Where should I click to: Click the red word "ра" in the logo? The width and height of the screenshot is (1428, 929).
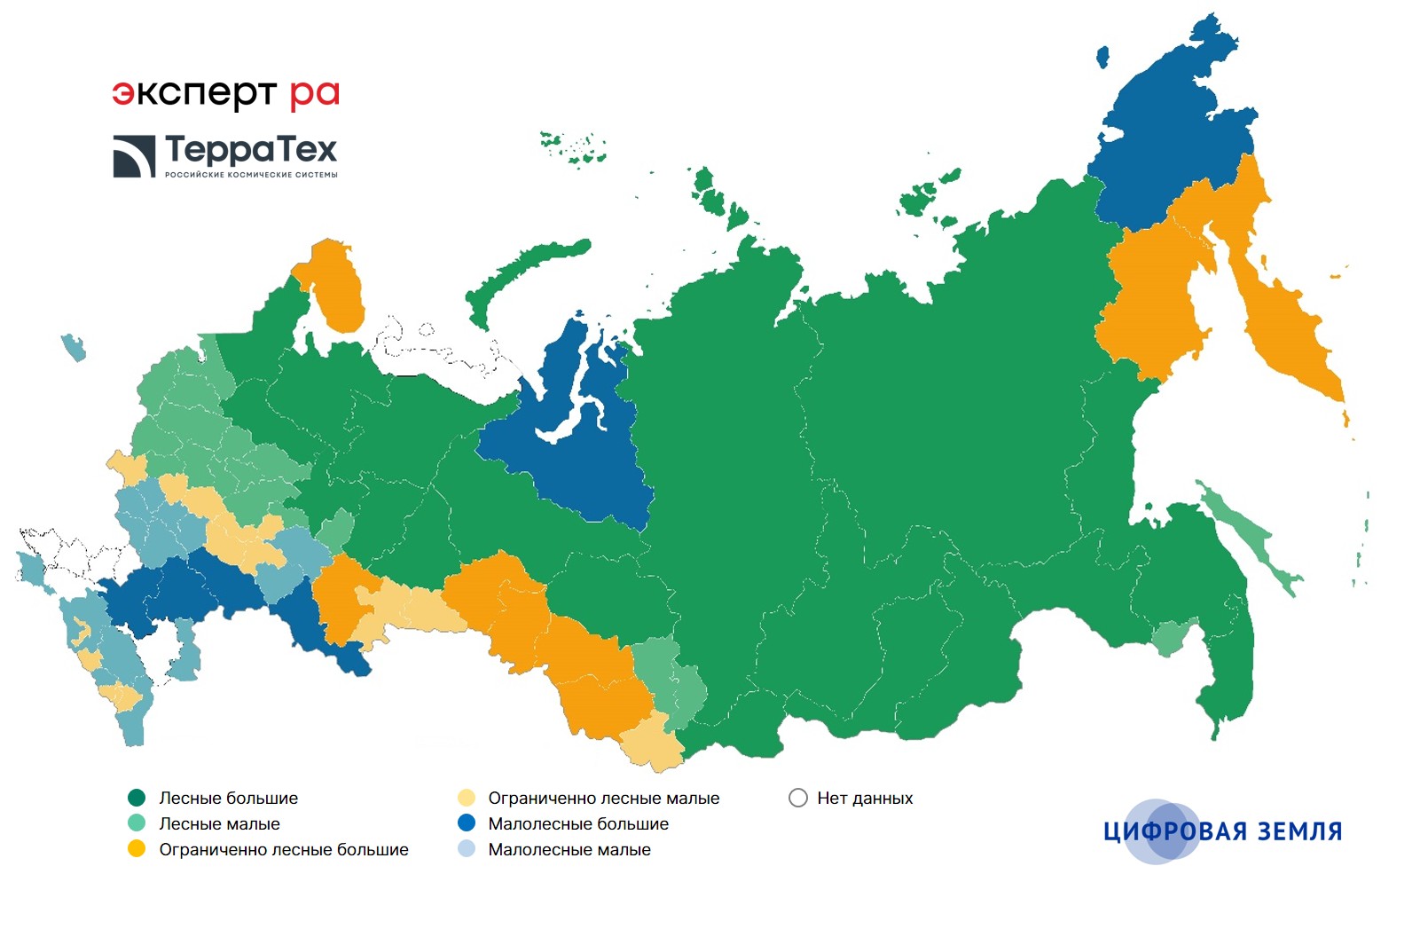[x=314, y=94]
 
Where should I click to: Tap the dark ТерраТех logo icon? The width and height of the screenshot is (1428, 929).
[x=134, y=156]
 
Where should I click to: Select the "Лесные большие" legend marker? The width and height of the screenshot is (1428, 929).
[x=137, y=798]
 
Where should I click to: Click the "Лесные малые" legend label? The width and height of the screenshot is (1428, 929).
[x=219, y=823]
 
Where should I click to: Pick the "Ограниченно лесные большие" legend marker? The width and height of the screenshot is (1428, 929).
[x=137, y=849]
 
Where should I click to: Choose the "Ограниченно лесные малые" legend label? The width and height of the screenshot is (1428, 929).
[x=603, y=798]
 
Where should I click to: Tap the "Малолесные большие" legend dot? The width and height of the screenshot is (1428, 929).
[x=467, y=823]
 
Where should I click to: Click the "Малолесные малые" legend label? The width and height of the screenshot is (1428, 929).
[x=569, y=849]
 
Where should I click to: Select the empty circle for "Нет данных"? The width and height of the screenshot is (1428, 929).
[x=798, y=798]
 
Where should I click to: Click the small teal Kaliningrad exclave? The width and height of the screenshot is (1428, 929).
[x=74, y=347]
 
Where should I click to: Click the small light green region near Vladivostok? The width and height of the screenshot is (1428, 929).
[x=1170, y=637]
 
